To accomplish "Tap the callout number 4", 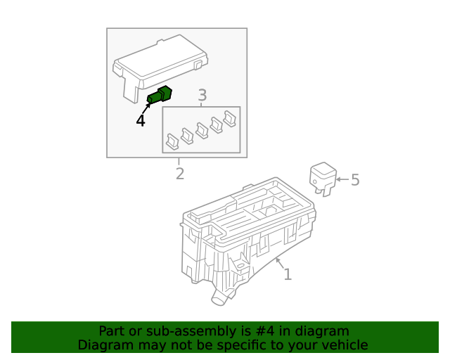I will (141, 121).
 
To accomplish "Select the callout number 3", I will (202, 95).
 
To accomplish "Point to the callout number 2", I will (180, 173).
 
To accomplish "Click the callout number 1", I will (288, 274).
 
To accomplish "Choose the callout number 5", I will (355, 180).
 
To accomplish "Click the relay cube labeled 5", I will (323, 177).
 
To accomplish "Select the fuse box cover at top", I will (161, 63).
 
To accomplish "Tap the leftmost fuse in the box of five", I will (172, 143).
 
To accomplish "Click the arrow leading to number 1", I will (279, 264).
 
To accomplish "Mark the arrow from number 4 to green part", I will (147, 108).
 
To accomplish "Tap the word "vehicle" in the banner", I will (344, 345).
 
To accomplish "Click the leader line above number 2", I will (179, 162).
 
